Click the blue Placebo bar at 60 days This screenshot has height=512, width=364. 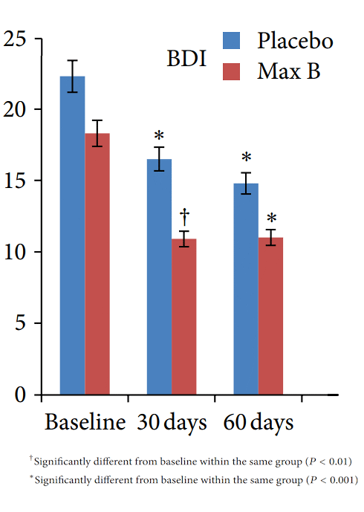(x=246, y=289)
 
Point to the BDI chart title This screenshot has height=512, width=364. (x=186, y=59)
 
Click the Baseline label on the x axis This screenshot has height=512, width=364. (x=85, y=423)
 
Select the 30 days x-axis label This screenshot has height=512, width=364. (x=172, y=423)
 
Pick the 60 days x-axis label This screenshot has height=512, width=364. (x=259, y=423)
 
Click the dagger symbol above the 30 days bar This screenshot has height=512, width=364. (x=184, y=217)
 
